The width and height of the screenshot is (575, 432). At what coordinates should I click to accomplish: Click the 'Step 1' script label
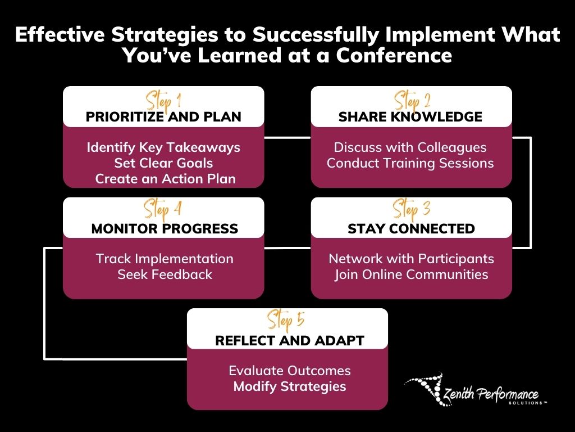[x=163, y=101]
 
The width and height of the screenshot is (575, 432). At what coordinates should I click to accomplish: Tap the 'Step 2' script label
[x=412, y=101]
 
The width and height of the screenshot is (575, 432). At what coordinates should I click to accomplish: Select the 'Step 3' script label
[x=412, y=211]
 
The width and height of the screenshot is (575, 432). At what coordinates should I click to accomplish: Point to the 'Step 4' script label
[x=163, y=211]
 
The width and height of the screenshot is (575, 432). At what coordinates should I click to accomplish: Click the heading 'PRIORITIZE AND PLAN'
[x=163, y=117]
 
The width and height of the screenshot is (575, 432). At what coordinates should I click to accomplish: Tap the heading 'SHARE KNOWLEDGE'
[x=410, y=117]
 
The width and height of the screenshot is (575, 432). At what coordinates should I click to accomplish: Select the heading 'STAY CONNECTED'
[x=411, y=229]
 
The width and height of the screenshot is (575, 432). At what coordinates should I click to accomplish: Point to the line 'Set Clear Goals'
[x=163, y=163]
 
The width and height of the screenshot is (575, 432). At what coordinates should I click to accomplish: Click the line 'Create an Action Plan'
[x=165, y=179]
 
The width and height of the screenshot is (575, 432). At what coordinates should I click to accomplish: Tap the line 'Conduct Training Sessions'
[x=410, y=163]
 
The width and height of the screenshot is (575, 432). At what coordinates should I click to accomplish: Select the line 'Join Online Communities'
[x=411, y=274]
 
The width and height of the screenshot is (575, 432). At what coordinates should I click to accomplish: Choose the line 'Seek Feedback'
[x=165, y=274]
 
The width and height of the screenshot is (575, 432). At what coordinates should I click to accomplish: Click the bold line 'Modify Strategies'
[x=290, y=386]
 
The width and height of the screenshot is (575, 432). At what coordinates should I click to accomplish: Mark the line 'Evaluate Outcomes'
[x=290, y=371]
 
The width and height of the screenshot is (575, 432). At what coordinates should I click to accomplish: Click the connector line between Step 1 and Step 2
[x=287, y=137]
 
